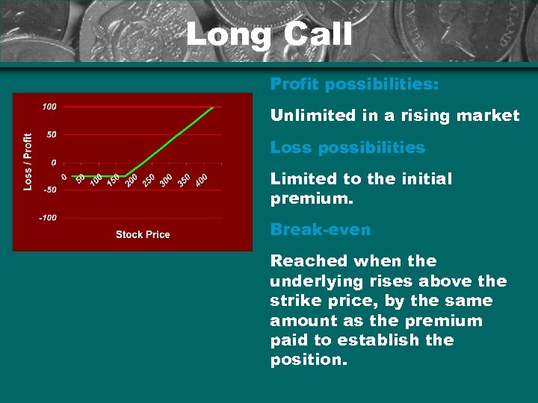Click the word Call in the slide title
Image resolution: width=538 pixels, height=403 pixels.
(x=314, y=34)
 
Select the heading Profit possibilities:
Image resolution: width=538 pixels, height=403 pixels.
(x=354, y=84)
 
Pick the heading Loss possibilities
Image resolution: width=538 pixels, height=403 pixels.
(x=347, y=148)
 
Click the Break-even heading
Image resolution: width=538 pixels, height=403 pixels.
(x=320, y=230)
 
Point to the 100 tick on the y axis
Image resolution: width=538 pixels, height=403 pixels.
(x=49, y=107)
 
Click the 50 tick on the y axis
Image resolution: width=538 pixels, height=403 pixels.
(x=51, y=134)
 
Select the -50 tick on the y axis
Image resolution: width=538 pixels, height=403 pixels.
(x=49, y=190)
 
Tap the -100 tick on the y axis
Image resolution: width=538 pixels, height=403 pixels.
(x=47, y=218)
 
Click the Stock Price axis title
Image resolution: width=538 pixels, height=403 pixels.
(x=143, y=234)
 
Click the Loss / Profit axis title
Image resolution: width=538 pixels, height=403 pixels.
(x=28, y=161)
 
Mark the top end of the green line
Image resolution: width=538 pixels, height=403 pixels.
(x=213, y=107)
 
